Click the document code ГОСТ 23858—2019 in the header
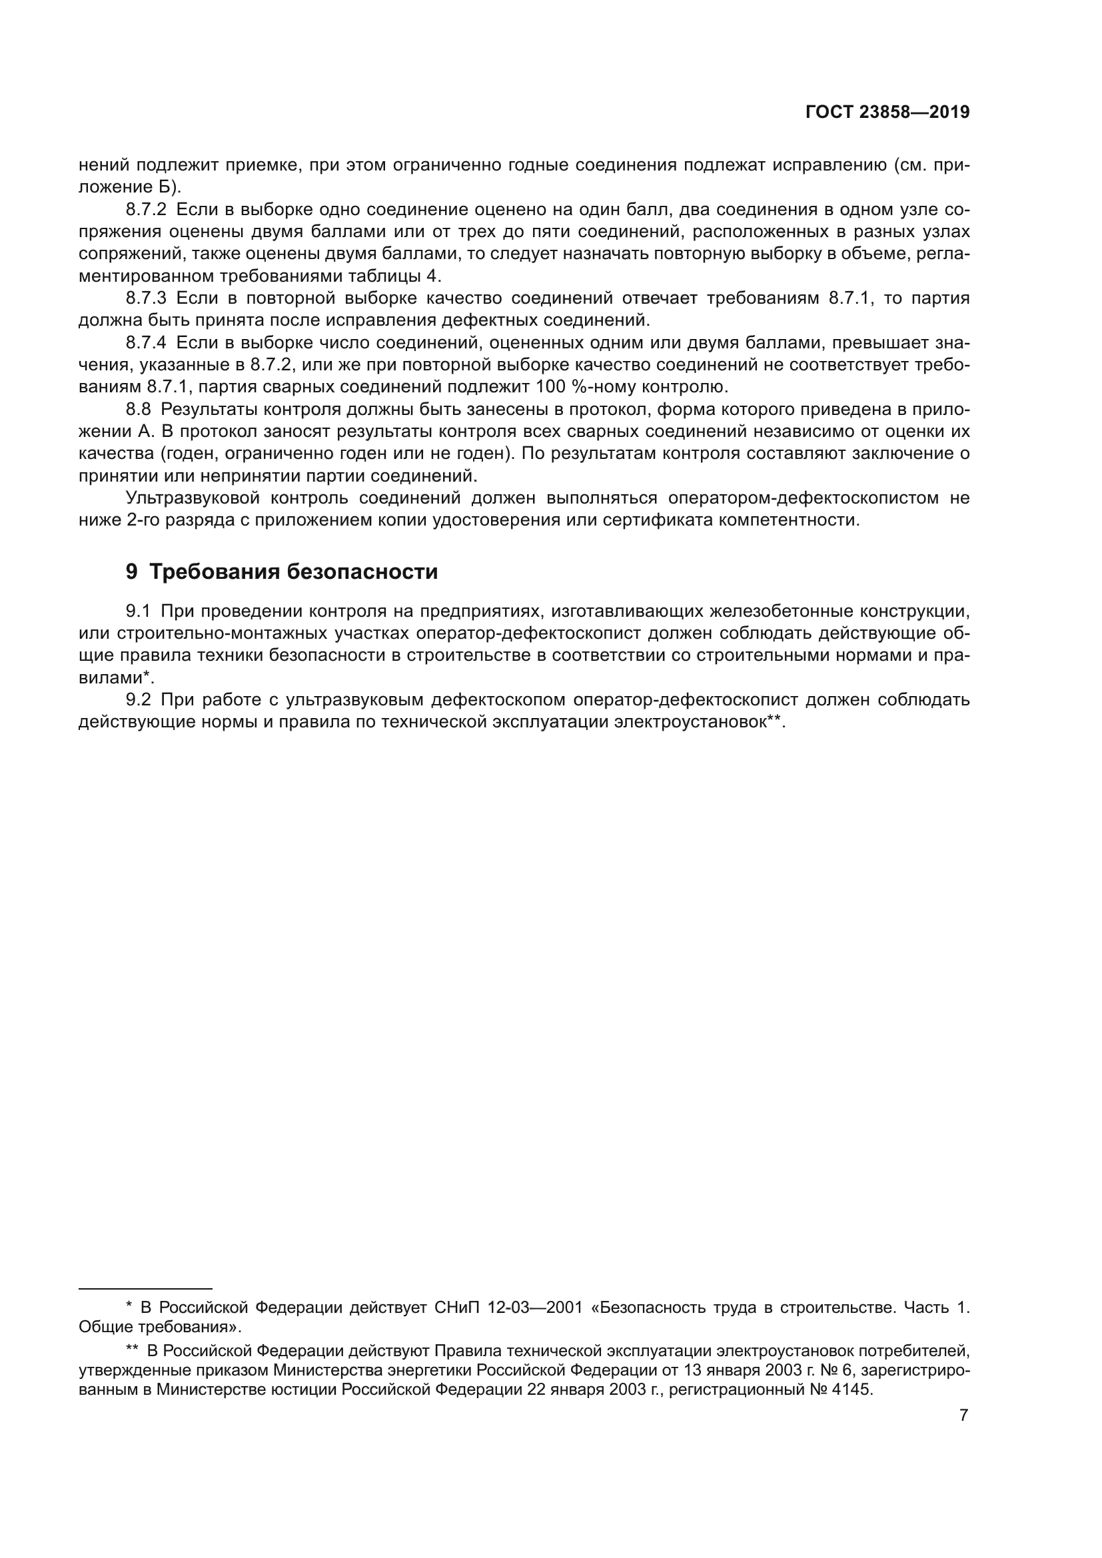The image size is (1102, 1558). tap(887, 113)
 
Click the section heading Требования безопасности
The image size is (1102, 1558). tap(293, 572)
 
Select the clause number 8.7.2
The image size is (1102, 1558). tap(146, 210)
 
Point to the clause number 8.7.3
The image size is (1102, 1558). tap(146, 298)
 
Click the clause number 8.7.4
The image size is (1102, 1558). tap(146, 342)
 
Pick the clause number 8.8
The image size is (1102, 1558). tap(138, 409)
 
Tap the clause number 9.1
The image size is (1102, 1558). tap(138, 611)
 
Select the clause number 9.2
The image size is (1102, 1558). tap(138, 699)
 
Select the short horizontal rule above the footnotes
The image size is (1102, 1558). tap(145, 1288)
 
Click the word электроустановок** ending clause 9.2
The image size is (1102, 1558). tap(699, 722)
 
